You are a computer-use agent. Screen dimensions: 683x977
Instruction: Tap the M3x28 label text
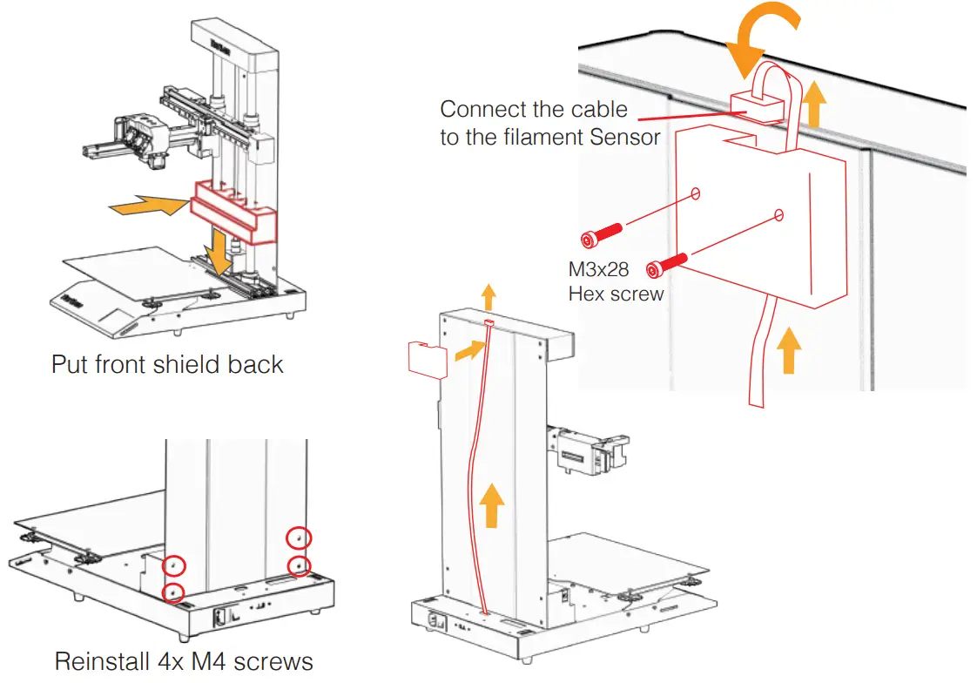(x=599, y=269)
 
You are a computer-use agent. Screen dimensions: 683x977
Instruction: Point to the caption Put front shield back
(x=167, y=363)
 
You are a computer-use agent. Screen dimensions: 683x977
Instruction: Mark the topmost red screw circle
(x=299, y=538)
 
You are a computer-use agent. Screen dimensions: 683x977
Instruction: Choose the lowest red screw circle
(x=174, y=592)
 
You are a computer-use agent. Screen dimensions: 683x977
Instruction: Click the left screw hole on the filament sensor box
(x=695, y=193)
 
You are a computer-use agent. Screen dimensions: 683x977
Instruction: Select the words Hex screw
(x=616, y=294)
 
